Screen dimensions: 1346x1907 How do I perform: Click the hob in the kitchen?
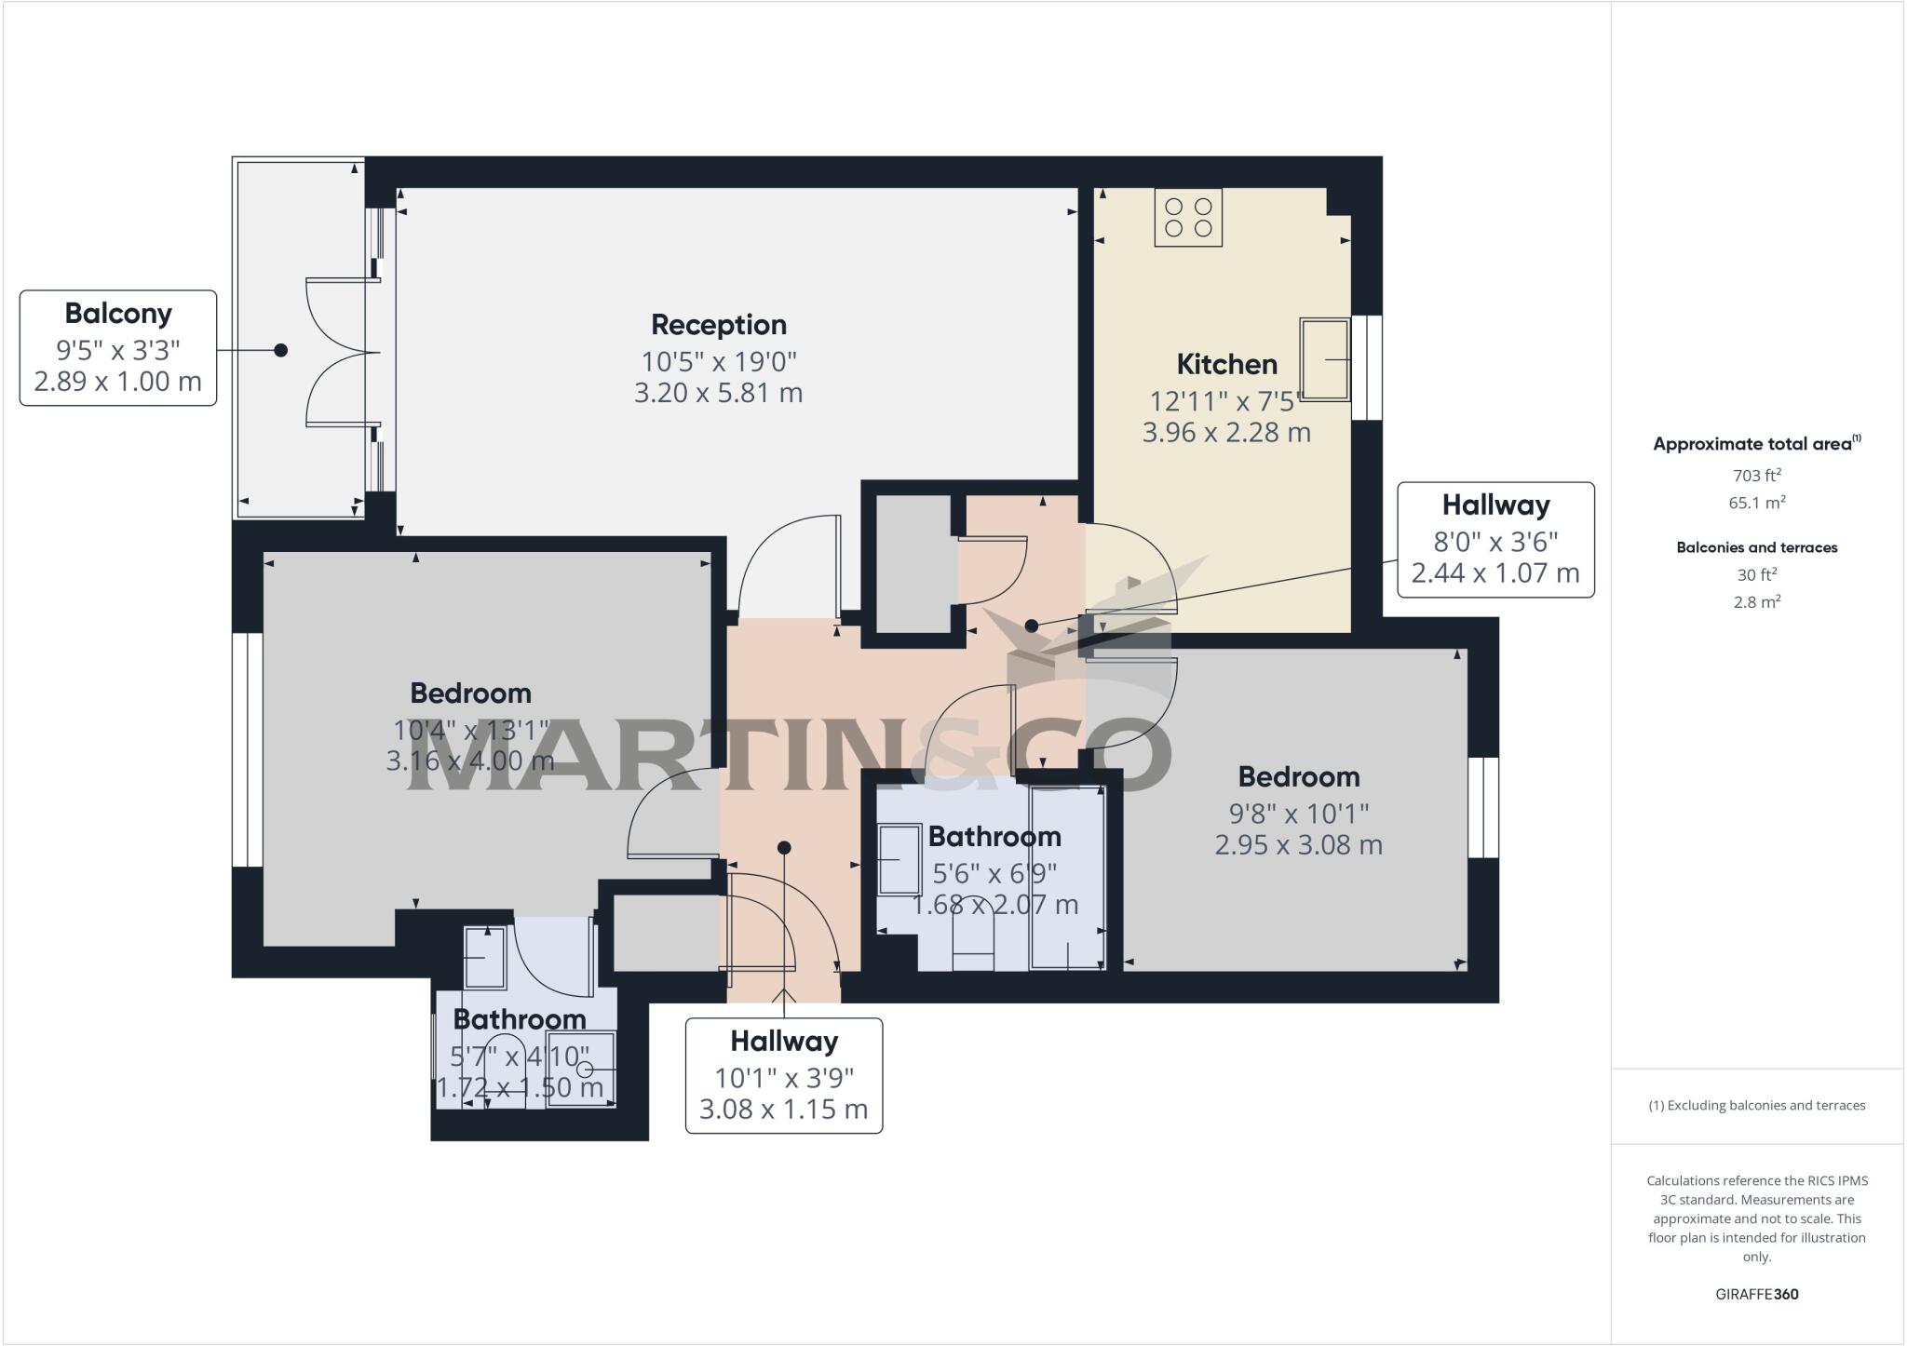coord(1188,217)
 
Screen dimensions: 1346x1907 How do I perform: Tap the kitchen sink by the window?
coord(1324,359)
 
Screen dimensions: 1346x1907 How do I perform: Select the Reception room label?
coord(718,325)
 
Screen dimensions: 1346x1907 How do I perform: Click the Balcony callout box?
coord(118,347)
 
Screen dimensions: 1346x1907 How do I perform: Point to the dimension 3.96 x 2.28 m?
coord(1226,433)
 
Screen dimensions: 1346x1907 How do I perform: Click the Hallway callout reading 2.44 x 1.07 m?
coord(1495,540)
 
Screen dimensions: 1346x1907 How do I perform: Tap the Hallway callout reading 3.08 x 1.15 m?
coord(783,1075)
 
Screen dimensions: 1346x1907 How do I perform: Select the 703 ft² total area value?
coord(1756,476)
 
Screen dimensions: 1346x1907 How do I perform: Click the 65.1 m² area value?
coord(1756,504)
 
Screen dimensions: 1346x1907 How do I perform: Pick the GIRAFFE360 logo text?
coord(1756,1294)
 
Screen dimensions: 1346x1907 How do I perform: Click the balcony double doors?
coord(343,352)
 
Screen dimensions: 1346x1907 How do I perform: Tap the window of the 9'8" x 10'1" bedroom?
coord(1483,807)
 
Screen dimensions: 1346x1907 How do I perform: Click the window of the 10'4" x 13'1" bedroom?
coord(247,750)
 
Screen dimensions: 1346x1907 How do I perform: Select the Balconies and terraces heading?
coord(1756,547)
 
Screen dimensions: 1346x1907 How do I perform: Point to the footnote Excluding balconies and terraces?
coord(1756,1106)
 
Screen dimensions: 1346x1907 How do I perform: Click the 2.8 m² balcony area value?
coord(1756,602)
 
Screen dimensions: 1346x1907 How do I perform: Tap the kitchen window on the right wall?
coord(1366,367)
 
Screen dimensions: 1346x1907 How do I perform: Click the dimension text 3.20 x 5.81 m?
coord(718,393)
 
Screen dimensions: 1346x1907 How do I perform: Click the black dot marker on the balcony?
coord(280,350)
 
